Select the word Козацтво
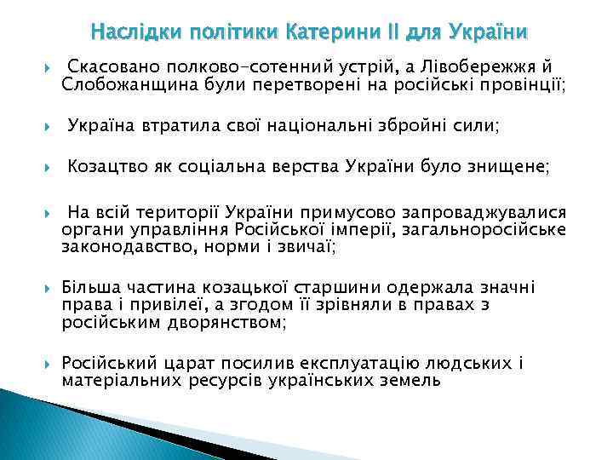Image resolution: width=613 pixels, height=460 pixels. click(107, 168)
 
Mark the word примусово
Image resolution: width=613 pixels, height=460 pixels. click(306, 213)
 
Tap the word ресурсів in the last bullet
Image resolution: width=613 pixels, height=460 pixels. click(224, 381)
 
